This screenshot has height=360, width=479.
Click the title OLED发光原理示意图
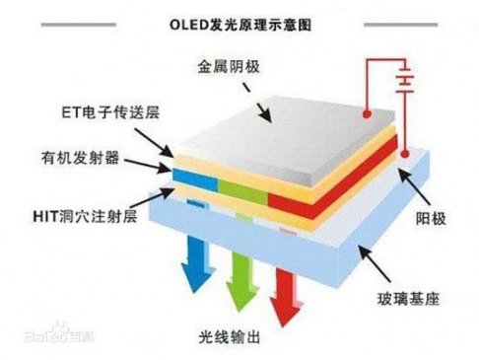pyautogui.click(x=240, y=20)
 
